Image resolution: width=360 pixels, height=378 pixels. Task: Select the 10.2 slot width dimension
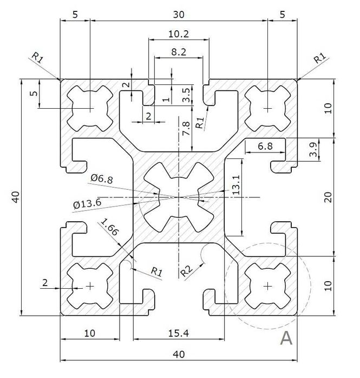(x=179, y=34)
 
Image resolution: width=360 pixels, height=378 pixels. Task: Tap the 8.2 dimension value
(x=179, y=51)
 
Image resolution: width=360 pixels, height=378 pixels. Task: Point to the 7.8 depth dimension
(x=185, y=128)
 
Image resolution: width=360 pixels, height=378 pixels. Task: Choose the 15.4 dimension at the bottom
(x=179, y=334)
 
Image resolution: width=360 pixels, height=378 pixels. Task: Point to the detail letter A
(x=286, y=339)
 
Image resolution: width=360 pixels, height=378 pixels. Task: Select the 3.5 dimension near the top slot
(x=186, y=95)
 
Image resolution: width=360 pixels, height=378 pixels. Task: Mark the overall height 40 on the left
(x=16, y=198)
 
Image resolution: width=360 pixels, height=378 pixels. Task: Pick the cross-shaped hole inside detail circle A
(x=268, y=285)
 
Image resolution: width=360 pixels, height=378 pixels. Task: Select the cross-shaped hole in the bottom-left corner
(x=90, y=285)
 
